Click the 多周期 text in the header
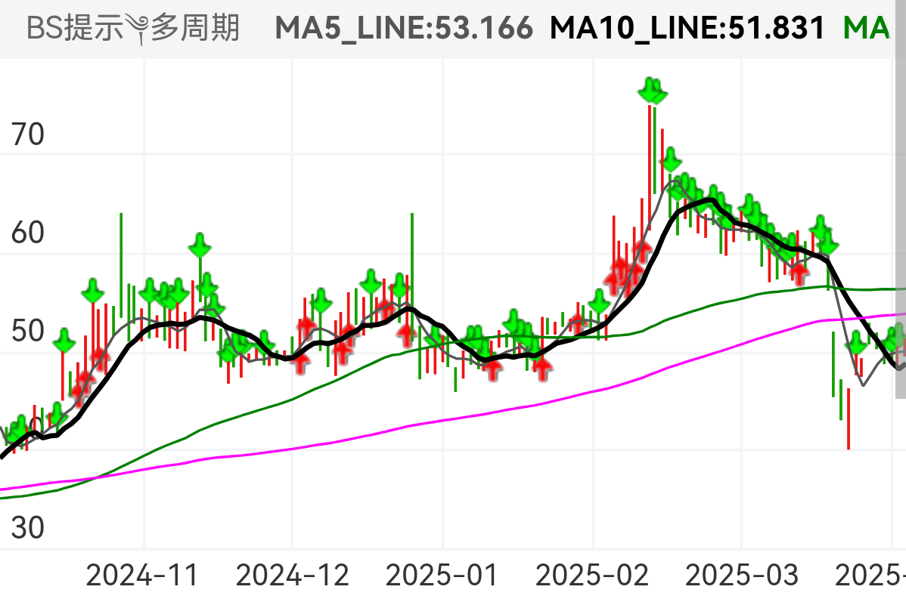pos(195,29)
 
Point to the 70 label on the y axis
pos(29,136)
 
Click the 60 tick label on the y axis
pos(29,233)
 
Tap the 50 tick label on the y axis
pos(29,331)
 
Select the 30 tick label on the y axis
pos(29,527)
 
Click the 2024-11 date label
pos(142,576)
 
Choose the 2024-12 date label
pos(293,576)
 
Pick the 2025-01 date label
pos(442,576)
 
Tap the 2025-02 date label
pos(592,576)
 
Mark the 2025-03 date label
pos(741,576)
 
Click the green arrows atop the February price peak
pos(652,91)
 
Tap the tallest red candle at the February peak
pos(649,159)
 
